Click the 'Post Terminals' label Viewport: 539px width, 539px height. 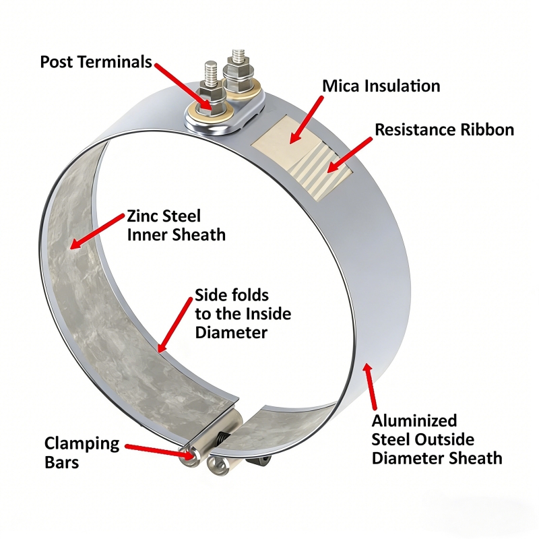pyautogui.click(x=96, y=62)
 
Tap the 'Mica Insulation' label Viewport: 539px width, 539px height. pyautogui.click(x=381, y=86)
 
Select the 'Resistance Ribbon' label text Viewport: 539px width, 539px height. pyautogui.click(x=444, y=129)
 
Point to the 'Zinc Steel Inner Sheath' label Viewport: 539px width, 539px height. pyautogui.click(x=177, y=226)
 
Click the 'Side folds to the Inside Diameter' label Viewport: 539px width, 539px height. pyautogui.click(x=243, y=314)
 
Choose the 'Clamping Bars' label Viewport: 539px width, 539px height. pyautogui.click(x=82, y=452)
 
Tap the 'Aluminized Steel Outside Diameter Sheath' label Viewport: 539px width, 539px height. pyautogui.click(x=437, y=440)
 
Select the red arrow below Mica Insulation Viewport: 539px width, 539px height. pyautogui.click(x=306, y=120)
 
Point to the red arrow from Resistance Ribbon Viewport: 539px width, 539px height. pyautogui.click(x=349, y=155)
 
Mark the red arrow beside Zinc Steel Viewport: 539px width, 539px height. pyautogui.click(x=97, y=231)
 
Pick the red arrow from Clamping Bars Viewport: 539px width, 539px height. pyautogui.click(x=159, y=451)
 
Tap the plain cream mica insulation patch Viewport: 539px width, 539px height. pyautogui.click(x=286, y=138)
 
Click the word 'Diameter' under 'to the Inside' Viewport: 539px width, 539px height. pyautogui.click(x=231, y=332)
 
